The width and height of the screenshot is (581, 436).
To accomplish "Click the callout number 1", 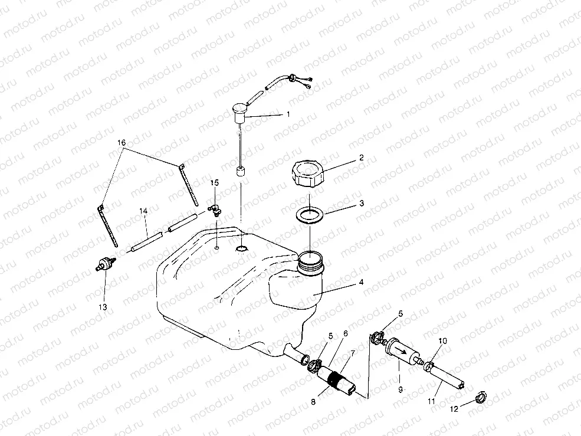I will pos(288,114).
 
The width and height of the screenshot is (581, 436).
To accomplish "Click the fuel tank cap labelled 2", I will pos(307,174).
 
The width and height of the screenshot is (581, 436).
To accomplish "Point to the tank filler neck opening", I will pos(310,257).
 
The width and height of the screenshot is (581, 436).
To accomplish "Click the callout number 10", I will pos(443,341).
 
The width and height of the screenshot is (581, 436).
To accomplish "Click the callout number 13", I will pos(103,307).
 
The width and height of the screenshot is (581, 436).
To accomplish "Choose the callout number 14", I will pos(143,211).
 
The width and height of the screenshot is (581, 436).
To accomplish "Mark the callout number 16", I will pos(122,143).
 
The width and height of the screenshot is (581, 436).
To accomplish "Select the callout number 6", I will pos(345,333).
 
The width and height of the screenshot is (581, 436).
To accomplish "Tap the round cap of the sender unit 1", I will pos(239,110).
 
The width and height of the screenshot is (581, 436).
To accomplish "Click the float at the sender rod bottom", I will pos(241,172).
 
